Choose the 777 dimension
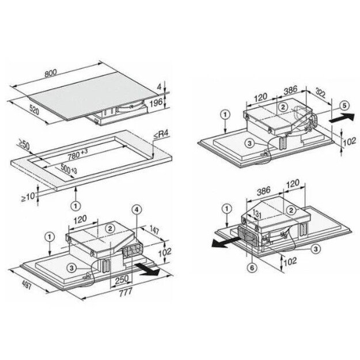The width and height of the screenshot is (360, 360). coord(124,293)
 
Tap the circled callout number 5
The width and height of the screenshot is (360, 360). coord(344,105)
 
